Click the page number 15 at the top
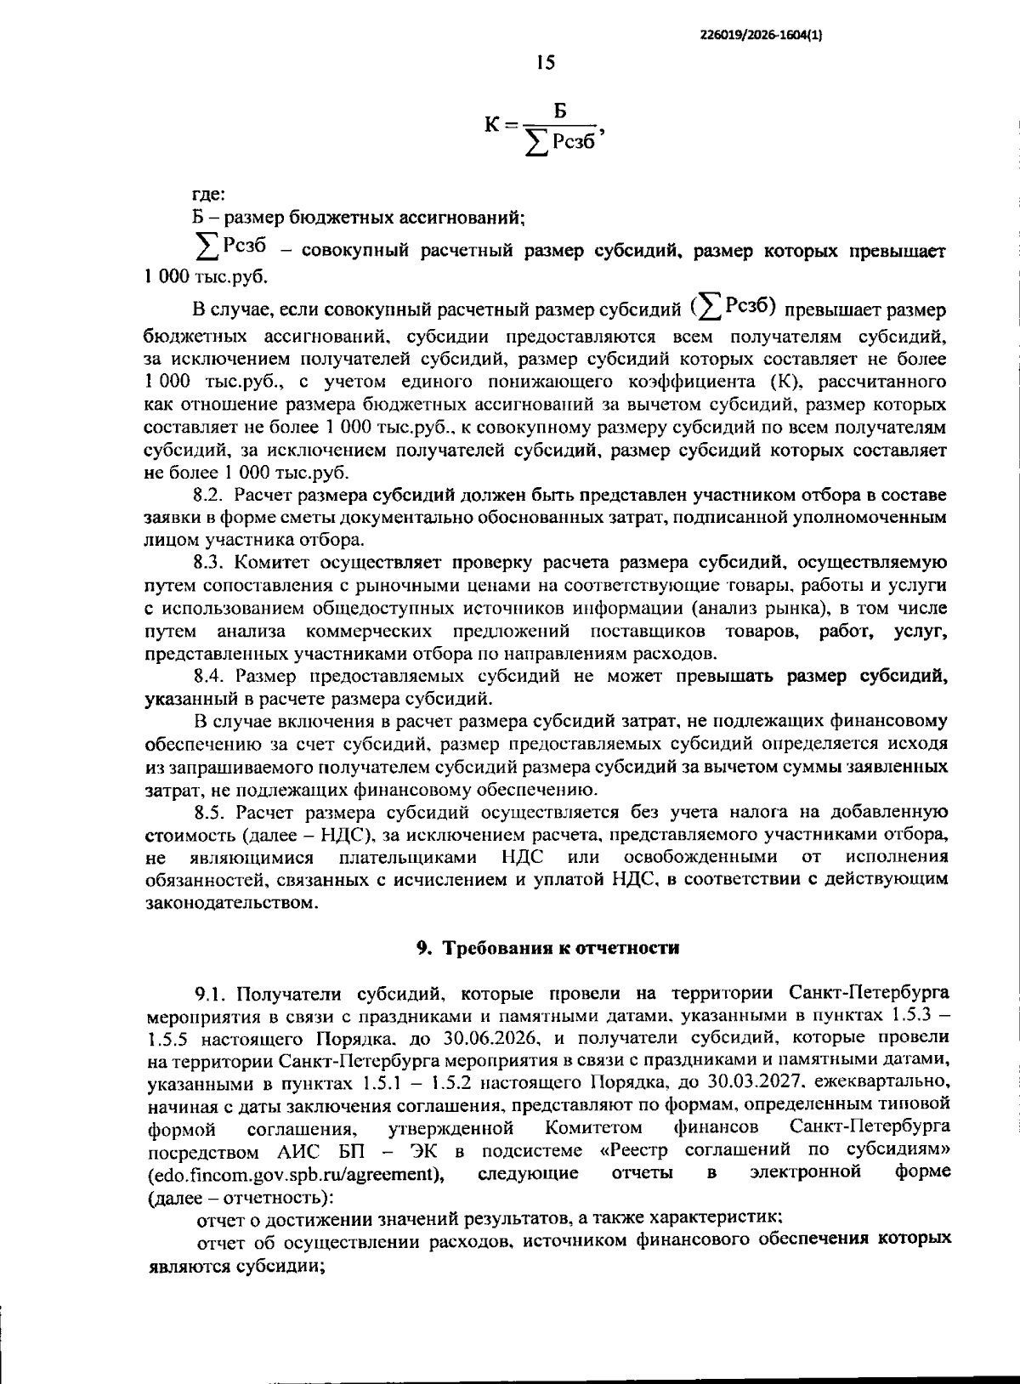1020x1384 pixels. pyautogui.click(x=545, y=62)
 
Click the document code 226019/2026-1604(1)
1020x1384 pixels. pyautogui.click(x=760, y=35)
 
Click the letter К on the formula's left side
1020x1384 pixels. pyautogui.click(x=493, y=125)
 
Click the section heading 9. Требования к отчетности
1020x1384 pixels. pyautogui.click(x=547, y=948)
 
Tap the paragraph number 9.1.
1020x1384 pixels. pyautogui.click(x=212, y=993)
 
